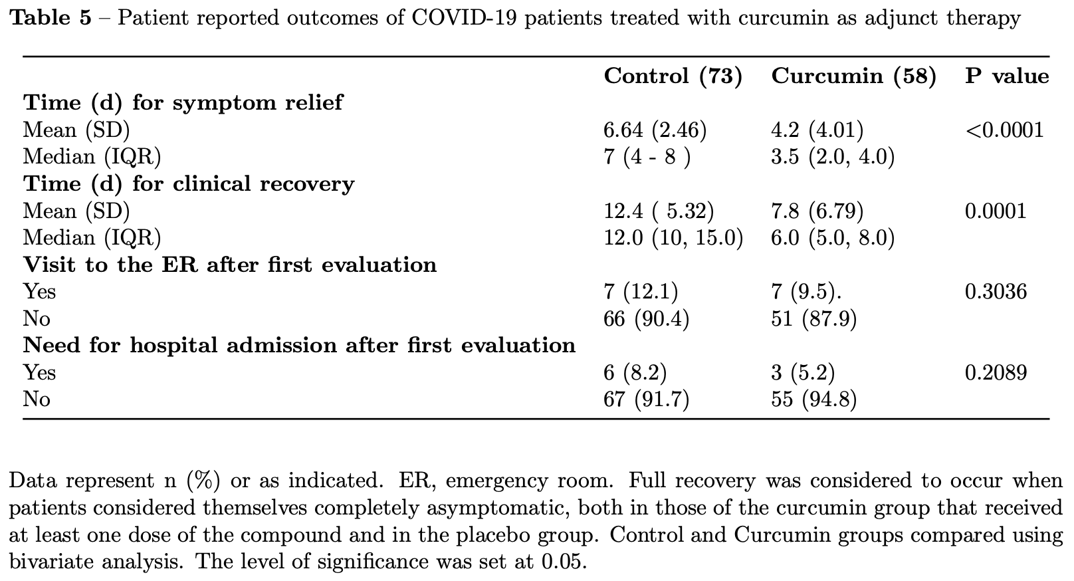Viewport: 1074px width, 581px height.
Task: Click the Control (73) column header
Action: click(673, 76)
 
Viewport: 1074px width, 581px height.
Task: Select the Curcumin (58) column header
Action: click(853, 76)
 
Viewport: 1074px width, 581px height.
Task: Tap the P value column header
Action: click(1007, 76)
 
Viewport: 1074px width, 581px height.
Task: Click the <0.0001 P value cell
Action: click(1004, 130)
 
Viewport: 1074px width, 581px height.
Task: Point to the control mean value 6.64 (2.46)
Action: click(655, 130)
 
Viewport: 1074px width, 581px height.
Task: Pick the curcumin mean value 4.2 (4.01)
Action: click(817, 130)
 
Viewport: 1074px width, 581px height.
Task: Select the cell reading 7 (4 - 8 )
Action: click(647, 157)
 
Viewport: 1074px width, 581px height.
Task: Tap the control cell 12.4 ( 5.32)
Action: click(659, 211)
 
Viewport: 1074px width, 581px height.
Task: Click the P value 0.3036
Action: click(996, 292)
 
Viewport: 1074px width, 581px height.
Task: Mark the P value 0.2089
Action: click(996, 373)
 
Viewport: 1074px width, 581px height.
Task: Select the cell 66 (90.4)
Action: click(646, 318)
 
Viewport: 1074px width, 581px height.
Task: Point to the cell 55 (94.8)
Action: click(813, 400)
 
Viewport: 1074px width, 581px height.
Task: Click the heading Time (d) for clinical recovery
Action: click(189, 183)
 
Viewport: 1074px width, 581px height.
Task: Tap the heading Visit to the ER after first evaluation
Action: click(230, 265)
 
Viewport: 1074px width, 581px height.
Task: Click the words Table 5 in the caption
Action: click(51, 18)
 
